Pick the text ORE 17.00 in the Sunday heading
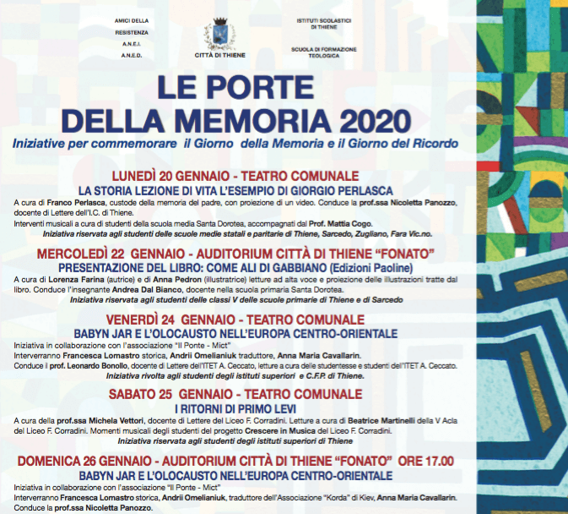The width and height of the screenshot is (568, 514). click(x=429, y=461)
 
